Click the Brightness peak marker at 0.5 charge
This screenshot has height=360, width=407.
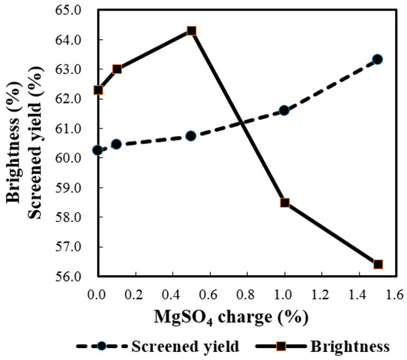coord(191,31)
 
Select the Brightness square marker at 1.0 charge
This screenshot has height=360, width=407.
coord(285,203)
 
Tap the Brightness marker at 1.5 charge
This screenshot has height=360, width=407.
coord(378,264)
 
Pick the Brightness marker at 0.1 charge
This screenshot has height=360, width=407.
coord(117,69)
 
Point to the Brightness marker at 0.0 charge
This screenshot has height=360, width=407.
coord(98,90)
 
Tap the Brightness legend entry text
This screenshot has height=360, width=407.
coord(350,345)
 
